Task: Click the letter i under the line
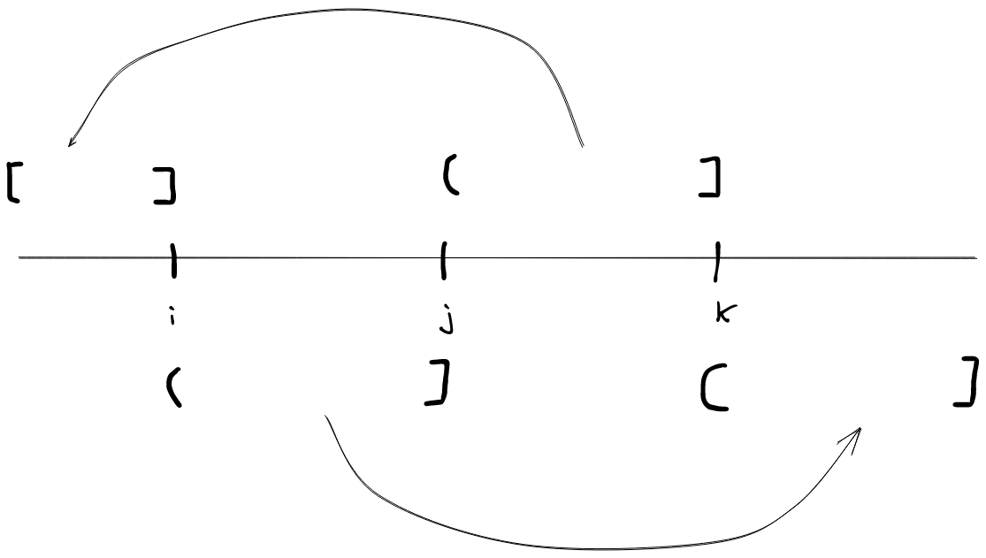click(x=171, y=316)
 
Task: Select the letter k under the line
click(x=723, y=313)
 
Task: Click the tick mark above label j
click(x=443, y=260)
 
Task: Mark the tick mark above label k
click(x=716, y=260)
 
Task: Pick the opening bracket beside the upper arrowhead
click(x=12, y=182)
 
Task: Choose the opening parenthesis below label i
click(x=172, y=388)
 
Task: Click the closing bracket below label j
click(x=435, y=386)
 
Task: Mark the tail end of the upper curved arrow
click(x=583, y=145)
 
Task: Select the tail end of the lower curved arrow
click(x=327, y=416)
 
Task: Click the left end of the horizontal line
click(x=19, y=258)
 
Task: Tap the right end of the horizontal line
click(x=976, y=258)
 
